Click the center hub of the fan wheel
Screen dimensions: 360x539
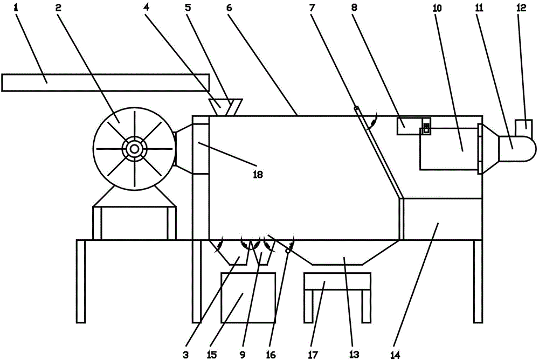click(134, 147)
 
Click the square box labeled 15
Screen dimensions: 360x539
click(248, 297)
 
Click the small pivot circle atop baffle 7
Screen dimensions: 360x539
click(356, 108)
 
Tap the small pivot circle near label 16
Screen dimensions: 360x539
click(288, 251)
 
